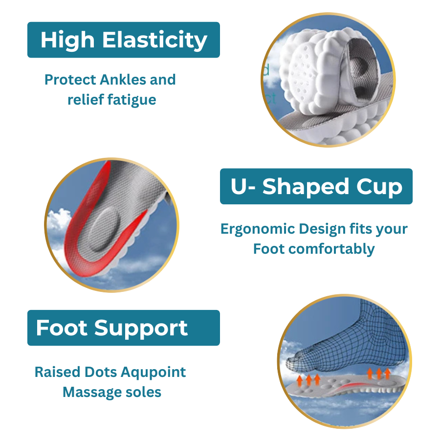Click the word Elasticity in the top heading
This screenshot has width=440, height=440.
(x=154, y=41)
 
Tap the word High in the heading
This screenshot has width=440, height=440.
(x=67, y=41)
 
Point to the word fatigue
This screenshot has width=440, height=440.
(x=132, y=100)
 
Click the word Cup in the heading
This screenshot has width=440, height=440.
(x=379, y=187)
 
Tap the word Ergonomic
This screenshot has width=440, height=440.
(x=258, y=229)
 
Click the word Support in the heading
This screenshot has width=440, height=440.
(x=141, y=329)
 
